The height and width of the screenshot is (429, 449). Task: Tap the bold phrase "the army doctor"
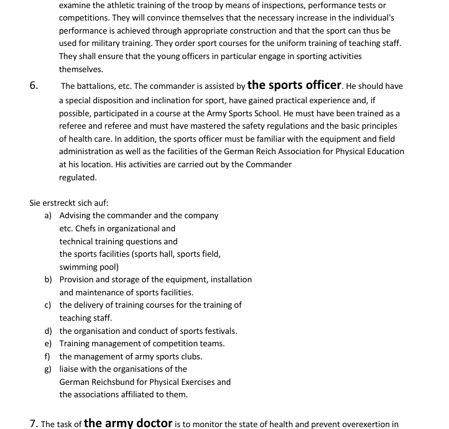click(x=127, y=423)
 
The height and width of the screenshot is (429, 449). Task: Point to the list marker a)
click(x=48, y=215)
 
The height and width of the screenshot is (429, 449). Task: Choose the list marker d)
click(x=48, y=331)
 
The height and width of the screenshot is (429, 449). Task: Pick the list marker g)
click(x=48, y=369)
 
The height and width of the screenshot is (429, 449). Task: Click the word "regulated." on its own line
click(x=78, y=177)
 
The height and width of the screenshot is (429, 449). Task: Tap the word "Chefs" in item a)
click(x=88, y=228)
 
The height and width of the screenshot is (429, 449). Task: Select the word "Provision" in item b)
click(x=78, y=280)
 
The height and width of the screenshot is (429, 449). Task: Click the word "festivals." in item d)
click(x=218, y=331)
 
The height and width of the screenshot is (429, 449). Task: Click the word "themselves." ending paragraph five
click(x=81, y=70)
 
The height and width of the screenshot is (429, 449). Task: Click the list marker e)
click(x=48, y=344)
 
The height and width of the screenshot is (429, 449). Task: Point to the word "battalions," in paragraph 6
click(x=97, y=86)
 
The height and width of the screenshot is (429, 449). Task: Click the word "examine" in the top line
click(x=75, y=6)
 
